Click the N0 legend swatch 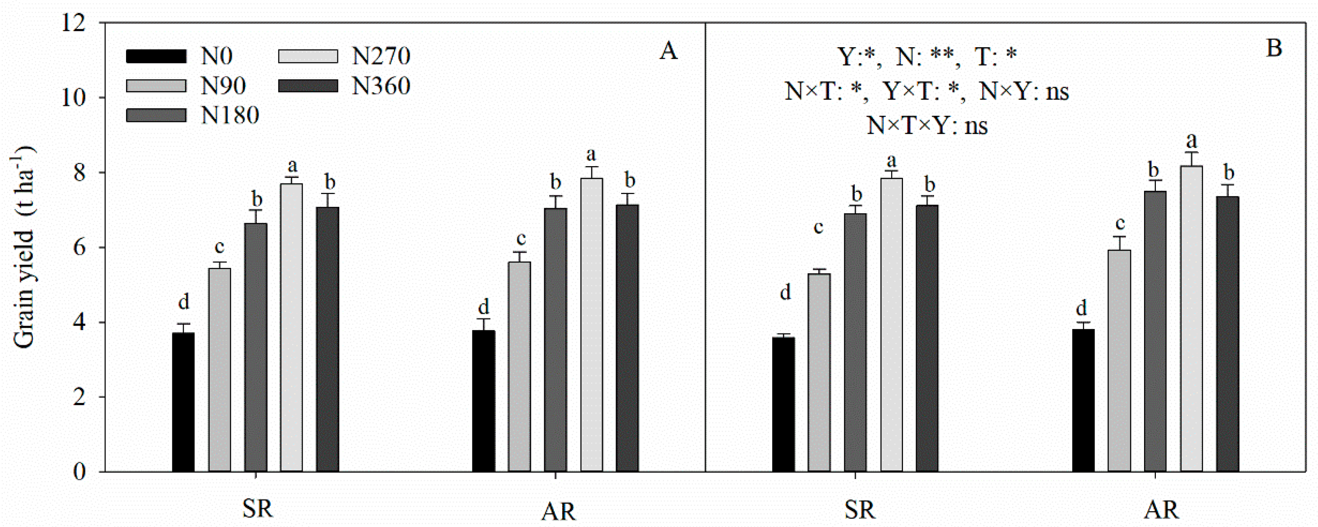pyautogui.click(x=156, y=56)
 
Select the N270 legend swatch pyautogui.click(x=308, y=56)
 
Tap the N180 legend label pyautogui.click(x=230, y=115)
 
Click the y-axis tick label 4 pyautogui.click(x=79, y=322)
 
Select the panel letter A pyautogui.click(x=668, y=51)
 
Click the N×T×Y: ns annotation pyautogui.click(x=927, y=125)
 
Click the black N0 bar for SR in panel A pyautogui.click(x=183, y=402)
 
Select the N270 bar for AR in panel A pyautogui.click(x=591, y=325)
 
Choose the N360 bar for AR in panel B pyautogui.click(x=1227, y=333)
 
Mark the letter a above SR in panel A pyautogui.click(x=292, y=166)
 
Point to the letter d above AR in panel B pyautogui.click(x=1082, y=308)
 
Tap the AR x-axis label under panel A pyautogui.click(x=559, y=511)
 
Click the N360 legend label pyautogui.click(x=381, y=86)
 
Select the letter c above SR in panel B pyautogui.click(x=818, y=227)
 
